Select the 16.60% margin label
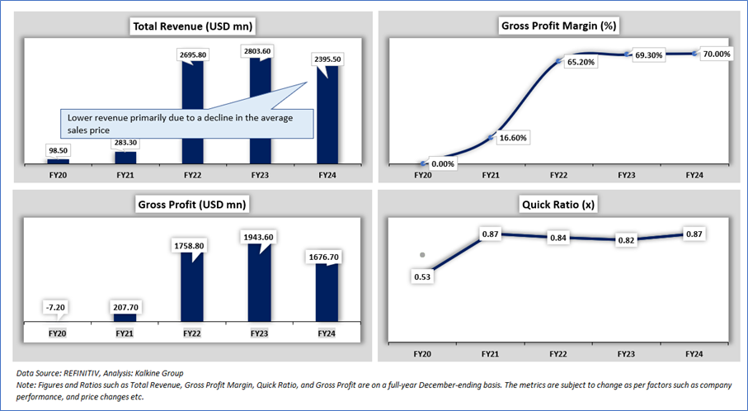(510, 137)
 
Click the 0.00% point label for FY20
(442, 164)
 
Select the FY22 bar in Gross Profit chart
(191, 293)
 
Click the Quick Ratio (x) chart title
(560, 204)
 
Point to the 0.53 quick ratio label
(422, 276)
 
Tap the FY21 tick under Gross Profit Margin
(490, 175)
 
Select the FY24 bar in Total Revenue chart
(327, 124)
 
